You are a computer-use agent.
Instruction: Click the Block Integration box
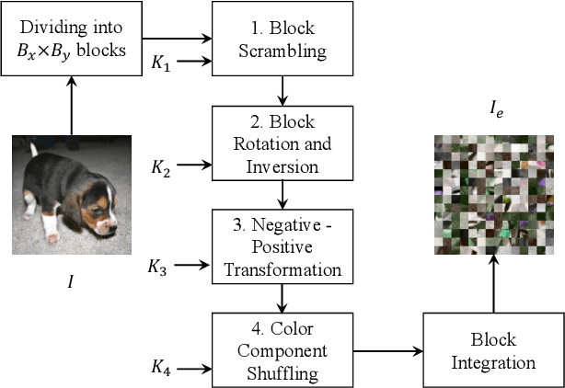(492, 350)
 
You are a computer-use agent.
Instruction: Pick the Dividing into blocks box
(70, 40)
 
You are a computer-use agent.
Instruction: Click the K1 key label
(160, 64)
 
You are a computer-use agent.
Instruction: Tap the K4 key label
(160, 370)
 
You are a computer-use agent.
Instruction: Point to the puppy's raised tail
(32, 147)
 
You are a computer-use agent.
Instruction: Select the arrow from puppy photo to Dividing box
(70, 106)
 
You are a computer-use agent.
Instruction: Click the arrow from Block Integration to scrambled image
(492, 285)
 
